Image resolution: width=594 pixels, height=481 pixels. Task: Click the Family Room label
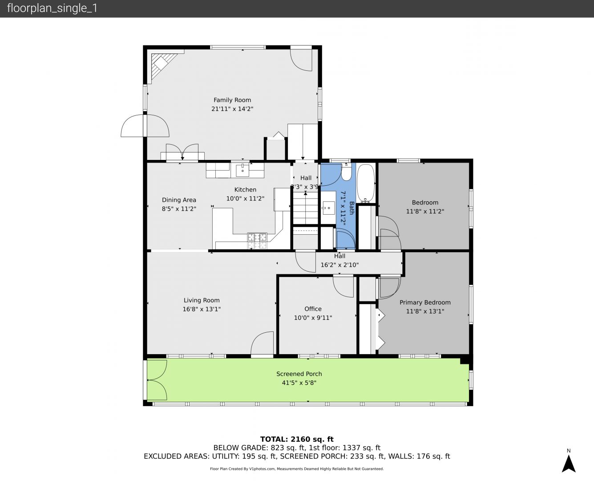232,100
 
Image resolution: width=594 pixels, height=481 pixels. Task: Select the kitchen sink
242,170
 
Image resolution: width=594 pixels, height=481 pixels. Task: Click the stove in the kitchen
257,240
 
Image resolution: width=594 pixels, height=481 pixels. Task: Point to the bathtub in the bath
366,183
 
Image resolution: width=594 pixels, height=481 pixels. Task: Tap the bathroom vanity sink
328,208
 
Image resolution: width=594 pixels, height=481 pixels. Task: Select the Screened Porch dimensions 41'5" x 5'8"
299,383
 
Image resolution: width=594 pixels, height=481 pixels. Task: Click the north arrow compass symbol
569,464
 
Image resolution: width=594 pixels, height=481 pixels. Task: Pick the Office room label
313,309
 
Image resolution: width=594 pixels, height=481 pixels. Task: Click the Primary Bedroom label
425,302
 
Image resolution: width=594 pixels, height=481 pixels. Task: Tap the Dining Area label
179,200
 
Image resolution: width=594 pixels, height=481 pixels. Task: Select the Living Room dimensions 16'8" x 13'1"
202,309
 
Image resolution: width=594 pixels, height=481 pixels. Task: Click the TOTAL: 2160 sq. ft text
297,439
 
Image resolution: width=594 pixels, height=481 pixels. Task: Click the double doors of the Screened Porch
157,380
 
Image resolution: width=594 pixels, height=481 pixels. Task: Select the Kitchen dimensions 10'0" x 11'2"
245,199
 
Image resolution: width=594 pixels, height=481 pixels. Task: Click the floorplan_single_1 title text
52,8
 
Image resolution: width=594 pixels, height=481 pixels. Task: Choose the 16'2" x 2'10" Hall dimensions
339,265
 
